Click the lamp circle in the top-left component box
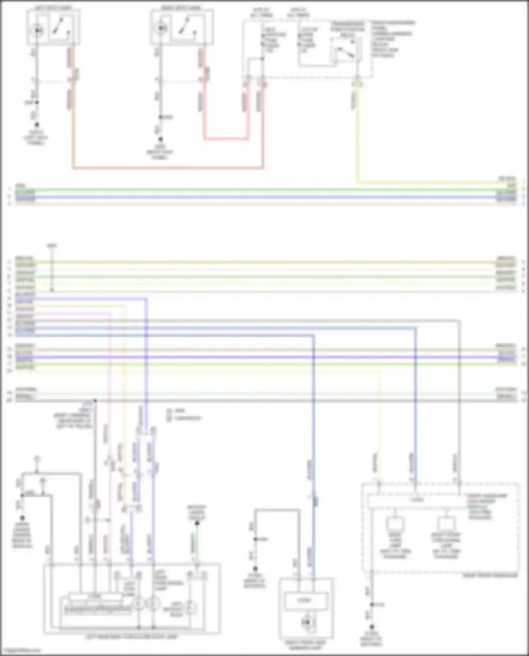pos(37,31)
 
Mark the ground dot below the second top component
pos(160,140)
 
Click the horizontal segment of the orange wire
pos(168,168)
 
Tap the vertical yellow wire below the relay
pos(357,141)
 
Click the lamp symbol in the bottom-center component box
pos(305,622)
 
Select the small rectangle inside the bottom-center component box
pos(305,601)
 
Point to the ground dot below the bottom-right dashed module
pos(371,627)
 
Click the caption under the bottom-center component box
pos(305,645)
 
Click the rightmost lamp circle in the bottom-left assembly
pos(191,608)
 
